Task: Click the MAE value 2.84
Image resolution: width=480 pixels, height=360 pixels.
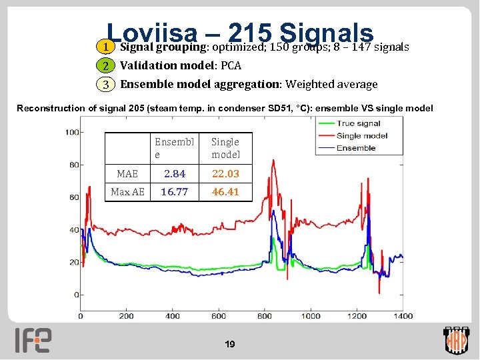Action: point(175,173)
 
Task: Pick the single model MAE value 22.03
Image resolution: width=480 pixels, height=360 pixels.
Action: point(225,173)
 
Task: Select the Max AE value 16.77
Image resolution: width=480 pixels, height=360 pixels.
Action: point(175,192)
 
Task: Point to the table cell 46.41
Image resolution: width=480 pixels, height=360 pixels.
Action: point(225,192)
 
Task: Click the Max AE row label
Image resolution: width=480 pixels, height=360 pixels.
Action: point(127,192)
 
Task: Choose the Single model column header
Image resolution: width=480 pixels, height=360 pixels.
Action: point(225,148)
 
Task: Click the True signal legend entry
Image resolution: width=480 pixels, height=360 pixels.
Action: point(359,123)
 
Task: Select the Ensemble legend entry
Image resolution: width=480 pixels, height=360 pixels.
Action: point(356,148)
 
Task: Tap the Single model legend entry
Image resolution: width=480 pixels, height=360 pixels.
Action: point(362,136)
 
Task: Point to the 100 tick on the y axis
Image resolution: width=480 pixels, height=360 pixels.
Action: point(72,132)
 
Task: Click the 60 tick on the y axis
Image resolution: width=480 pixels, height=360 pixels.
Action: point(74,197)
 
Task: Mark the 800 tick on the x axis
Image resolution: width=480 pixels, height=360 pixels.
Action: point(265,315)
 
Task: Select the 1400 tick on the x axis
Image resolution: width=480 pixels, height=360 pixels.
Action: point(403,315)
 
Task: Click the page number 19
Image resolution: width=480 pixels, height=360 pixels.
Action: point(230,345)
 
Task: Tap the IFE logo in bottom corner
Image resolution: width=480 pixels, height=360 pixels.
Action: point(33,340)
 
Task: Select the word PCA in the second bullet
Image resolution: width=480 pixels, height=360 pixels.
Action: point(230,65)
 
